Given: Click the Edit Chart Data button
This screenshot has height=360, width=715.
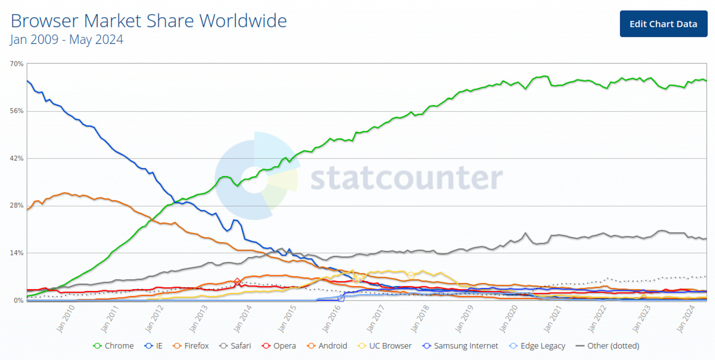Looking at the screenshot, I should tap(663, 24).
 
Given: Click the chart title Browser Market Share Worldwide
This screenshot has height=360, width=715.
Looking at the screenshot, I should tap(148, 21).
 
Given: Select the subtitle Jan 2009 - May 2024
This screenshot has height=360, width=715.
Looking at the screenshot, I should tap(66, 40).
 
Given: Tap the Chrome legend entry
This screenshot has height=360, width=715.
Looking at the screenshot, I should tap(113, 346).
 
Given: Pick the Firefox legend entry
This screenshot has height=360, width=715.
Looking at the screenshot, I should tap(191, 346).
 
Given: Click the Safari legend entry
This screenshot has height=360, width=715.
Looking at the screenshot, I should tap(236, 346).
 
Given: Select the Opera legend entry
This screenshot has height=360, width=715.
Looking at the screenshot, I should tap(279, 346).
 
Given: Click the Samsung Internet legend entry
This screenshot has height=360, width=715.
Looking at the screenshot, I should tap(460, 346).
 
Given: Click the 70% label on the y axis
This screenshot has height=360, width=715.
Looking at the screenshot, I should tap(17, 64).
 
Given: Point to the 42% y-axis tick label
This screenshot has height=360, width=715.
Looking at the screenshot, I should tap(17, 159).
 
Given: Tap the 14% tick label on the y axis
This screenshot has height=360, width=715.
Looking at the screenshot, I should tap(17, 253).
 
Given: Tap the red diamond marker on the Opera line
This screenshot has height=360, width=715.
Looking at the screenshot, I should tap(238, 282).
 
